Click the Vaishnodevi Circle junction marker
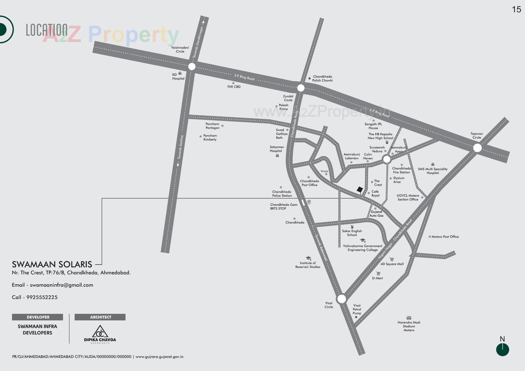click(x=192, y=66)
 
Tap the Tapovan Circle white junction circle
click(x=477, y=148)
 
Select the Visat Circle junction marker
click(x=342, y=299)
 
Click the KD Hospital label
click(x=178, y=77)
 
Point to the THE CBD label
click(x=234, y=87)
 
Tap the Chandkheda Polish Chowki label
click(x=322, y=79)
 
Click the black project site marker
click(x=360, y=190)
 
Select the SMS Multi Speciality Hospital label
click(x=433, y=171)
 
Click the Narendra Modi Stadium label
click(x=409, y=326)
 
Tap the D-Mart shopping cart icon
click(x=378, y=273)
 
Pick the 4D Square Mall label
click(x=392, y=264)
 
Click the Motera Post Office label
click(x=445, y=237)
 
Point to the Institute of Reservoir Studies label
click(x=308, y=265)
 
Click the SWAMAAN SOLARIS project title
click(x=52, y=264)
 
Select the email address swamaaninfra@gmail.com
click(x=62, y=285)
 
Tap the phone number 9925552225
click(x=42, y=297)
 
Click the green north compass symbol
click(x=502, y=350)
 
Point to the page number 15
click(x=516, y=10)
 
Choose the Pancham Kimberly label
click(x=210, y=137)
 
